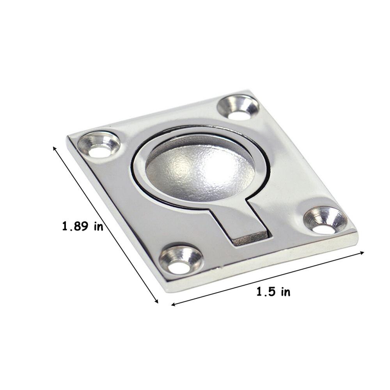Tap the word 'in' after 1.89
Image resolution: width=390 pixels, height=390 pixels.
[98, 227]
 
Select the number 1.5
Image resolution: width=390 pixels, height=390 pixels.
[266, 291]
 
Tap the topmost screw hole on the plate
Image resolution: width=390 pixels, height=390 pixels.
[238, 107]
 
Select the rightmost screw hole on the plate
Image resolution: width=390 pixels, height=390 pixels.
[325, 221]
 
